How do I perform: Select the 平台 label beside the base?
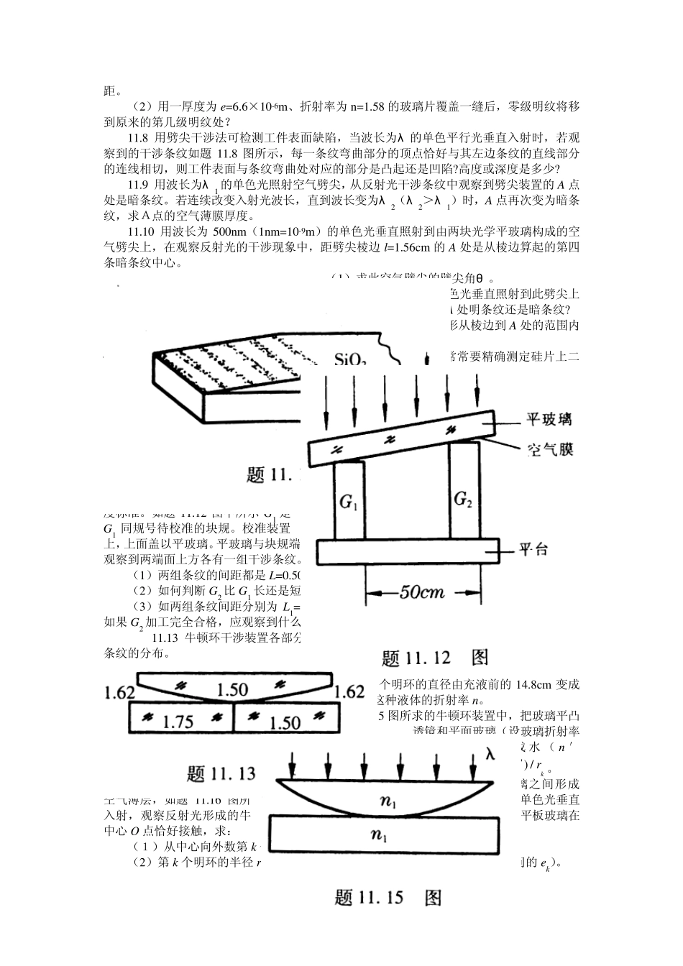534,551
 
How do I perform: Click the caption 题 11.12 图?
435,657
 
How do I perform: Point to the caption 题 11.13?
221,773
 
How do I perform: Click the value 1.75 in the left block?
178,722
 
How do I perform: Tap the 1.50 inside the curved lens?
232,690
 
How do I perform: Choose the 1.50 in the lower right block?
284,722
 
